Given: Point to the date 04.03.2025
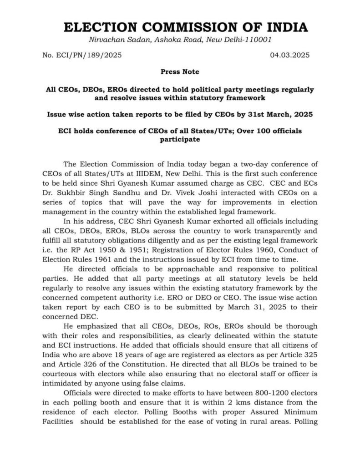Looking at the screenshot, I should [290, 56].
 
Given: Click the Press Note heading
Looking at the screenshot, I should [180, 72].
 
